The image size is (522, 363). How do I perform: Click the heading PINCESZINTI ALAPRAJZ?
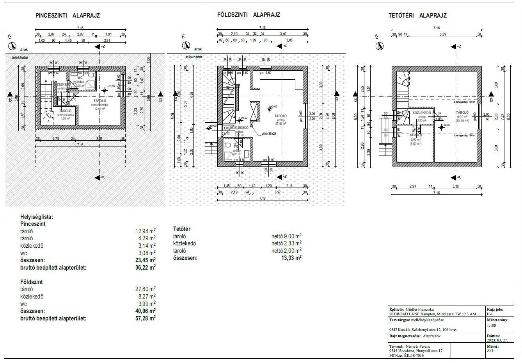click(68, 16)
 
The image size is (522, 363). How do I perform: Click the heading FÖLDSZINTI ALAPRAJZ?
click(249, 15)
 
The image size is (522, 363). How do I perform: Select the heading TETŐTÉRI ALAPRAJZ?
click(417, 16)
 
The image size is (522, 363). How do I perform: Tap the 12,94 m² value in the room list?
click(146, 231)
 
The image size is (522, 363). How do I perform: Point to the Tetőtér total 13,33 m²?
click(291, 258)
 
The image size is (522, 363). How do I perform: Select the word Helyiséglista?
click(36, 217)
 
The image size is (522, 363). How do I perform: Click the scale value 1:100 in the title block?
click(492, 325)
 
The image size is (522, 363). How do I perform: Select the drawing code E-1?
click(490, 314)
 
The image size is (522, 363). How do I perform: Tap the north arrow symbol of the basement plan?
click(12, 46)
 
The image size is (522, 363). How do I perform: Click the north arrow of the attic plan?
click(379, 46)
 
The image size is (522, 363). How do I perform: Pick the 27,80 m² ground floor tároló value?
click(146, 289)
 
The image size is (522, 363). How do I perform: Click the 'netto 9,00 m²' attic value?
click(286, 236)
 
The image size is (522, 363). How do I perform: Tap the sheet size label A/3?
click(490, 351)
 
